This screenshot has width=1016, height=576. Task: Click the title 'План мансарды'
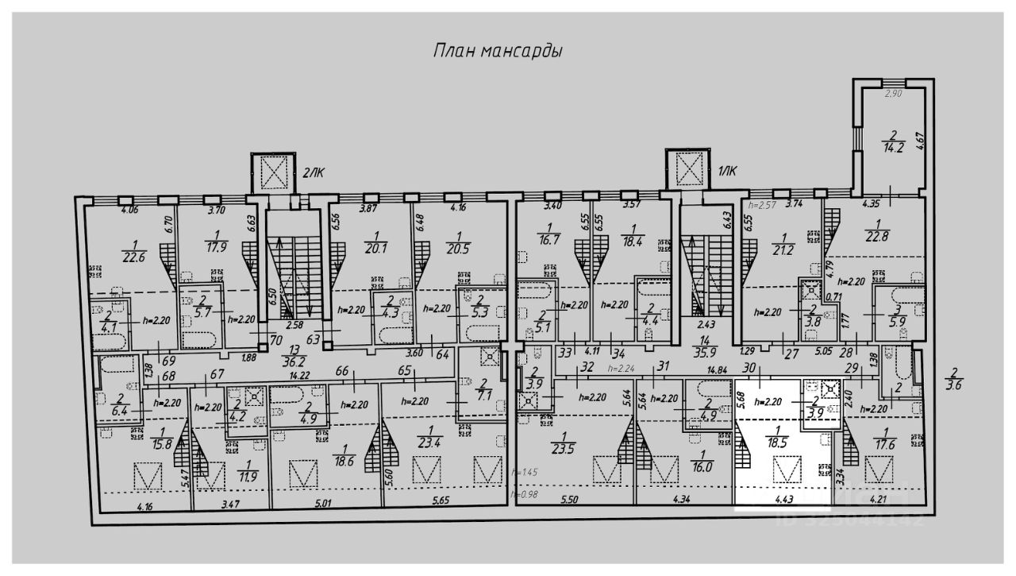[498, 52]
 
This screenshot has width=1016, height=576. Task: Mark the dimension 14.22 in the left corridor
[298, 376]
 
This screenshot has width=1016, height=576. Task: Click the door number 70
[276, 339]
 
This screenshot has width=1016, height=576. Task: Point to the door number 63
[314, 339]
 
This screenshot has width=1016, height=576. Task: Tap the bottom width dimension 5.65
[441, 501]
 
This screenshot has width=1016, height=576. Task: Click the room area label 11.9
[248, 476]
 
